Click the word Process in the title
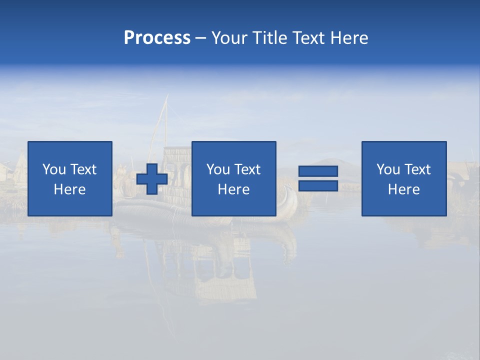[x=157, y=38]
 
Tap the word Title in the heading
[x=268, y=38]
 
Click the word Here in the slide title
[x=350, y=38]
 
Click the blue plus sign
[x=152, y=179]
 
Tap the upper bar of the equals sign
[x=318, y=171]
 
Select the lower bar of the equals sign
[x=318, y=185]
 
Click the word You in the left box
[x=53, y=169]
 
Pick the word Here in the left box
[x=70, y=189]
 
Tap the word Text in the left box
[x=82, y=169]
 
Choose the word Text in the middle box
[x=246, y=169]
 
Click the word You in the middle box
[x=217, y=169]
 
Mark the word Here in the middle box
[x=234, y=189]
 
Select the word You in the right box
[x=387, y=169]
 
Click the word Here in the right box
[x=404, y=189]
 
